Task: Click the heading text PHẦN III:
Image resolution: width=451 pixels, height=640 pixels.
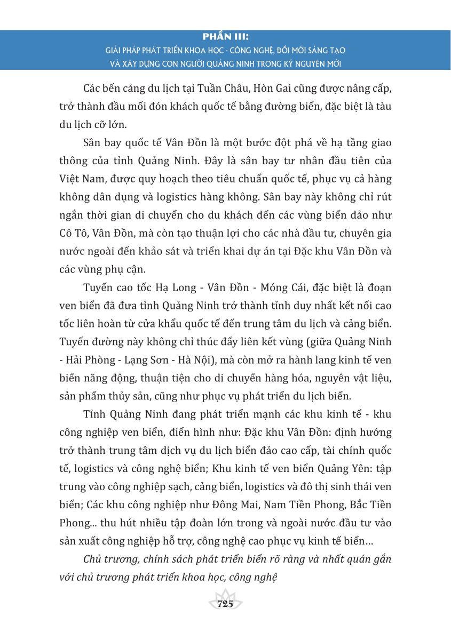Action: pos(226,38)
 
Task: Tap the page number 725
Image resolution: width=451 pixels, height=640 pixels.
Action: pos(226,604)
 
